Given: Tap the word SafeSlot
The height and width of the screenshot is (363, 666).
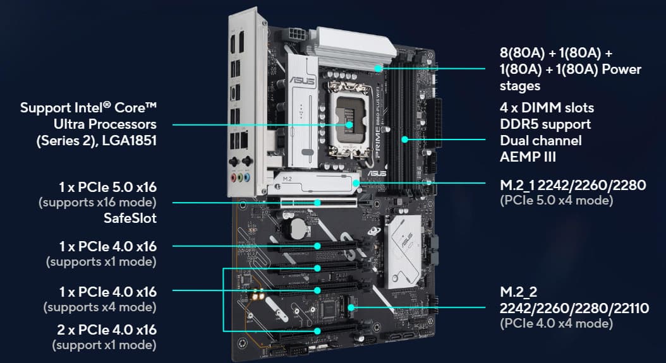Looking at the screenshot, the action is point(130,218).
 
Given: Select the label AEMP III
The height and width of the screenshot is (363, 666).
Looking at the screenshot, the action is point(528,157).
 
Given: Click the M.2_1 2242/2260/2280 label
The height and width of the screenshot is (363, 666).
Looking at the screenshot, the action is point(573,185).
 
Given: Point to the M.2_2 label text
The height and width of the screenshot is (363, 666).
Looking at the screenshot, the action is point(519,292).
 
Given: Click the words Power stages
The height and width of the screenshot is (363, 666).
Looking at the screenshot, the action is point(571,77).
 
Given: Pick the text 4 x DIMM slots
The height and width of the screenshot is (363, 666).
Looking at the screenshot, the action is point(547,107).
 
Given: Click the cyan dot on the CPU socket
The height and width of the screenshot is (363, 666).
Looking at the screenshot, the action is point(349,125).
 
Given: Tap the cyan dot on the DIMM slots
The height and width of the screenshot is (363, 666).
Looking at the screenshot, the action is point(405,140).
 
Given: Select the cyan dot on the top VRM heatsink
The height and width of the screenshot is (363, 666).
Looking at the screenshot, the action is point(378,68).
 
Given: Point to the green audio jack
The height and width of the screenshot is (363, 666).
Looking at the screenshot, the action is point(240,177).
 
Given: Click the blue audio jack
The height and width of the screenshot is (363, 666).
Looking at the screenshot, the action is point(247,177).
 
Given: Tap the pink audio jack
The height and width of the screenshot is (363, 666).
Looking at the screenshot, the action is point(233,177).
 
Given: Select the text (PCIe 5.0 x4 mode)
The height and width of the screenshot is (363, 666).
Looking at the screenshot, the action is point(557,200).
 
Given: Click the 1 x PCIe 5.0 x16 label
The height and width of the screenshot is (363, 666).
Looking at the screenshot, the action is point(108,187).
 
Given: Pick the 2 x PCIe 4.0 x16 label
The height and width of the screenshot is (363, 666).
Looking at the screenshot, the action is point(107,330).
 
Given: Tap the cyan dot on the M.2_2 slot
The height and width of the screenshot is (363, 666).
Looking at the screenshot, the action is point(351,307).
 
